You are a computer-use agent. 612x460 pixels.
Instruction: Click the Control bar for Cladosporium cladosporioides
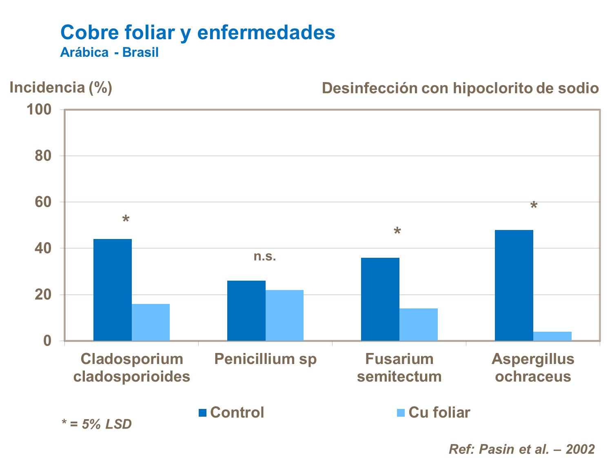(113, 290)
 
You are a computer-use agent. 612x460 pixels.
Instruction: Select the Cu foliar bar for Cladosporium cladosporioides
(151, 322)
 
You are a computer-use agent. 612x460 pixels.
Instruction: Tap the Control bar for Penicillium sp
(246, 310)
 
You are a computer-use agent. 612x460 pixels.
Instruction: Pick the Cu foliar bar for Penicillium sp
(284, 315)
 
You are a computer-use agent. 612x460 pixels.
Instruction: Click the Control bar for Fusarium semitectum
(380, 299)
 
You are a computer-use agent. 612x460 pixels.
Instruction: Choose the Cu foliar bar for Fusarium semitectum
(418, 324)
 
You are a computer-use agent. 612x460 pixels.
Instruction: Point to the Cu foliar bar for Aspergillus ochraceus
(552, 336)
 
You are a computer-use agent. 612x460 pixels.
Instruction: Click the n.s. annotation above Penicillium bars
(265, 257)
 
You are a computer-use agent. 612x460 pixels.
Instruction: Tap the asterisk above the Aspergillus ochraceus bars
(533, 205)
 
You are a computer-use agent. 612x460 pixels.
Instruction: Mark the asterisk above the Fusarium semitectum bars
(397, 232)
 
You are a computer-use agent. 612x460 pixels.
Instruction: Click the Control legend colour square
(202, 413)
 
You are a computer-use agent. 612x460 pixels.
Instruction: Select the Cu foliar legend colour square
(401, 413)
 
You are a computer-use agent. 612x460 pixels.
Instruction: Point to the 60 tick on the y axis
(43, 202)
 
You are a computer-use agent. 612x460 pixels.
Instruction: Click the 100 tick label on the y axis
(39, 109)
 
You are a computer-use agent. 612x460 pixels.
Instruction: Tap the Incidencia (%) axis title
(61, 87)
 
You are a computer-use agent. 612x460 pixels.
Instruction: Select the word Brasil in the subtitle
(140, 53)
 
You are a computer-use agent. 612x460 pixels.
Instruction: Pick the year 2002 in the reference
(580, 449)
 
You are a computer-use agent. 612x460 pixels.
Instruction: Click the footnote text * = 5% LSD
(96, 424)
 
